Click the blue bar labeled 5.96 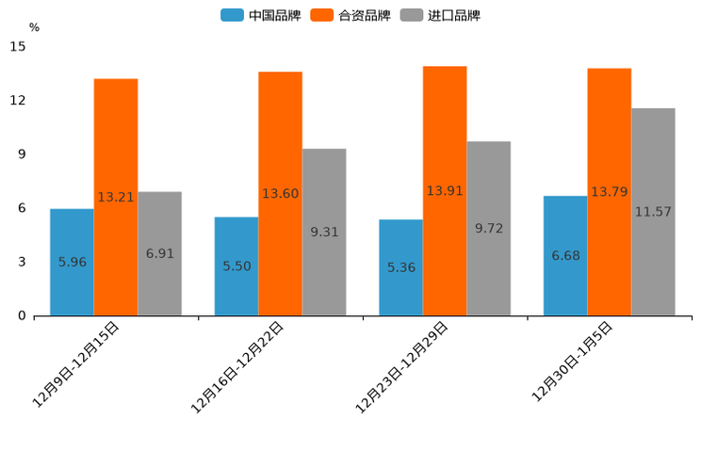click(72, 263)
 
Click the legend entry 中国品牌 click(261, 15)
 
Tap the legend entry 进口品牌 click(441, 15)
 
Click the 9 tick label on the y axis click(21, 154)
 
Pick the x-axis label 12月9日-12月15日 click(76, 364)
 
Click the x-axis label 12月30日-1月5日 click(572, 362)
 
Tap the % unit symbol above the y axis click(34, 27)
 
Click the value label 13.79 click(610, 192)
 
